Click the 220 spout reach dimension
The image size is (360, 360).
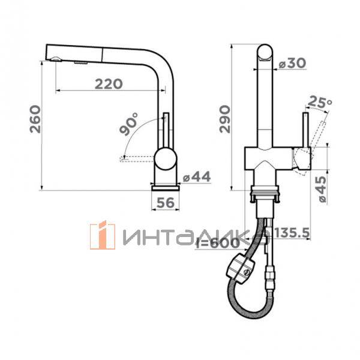click(109, 84)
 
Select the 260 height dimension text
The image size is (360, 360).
click(35, 119)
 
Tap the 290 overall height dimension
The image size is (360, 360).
click(224, 119)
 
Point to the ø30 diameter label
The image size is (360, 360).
click(292, 63)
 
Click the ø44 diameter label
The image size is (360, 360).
click(197, 177)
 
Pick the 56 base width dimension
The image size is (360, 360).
click(166, 203)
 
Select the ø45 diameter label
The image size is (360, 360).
click(321, 189)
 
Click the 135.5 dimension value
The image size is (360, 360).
click(292, 233)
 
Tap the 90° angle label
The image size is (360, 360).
click(129, 124)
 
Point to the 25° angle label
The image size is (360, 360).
click(320, 102)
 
